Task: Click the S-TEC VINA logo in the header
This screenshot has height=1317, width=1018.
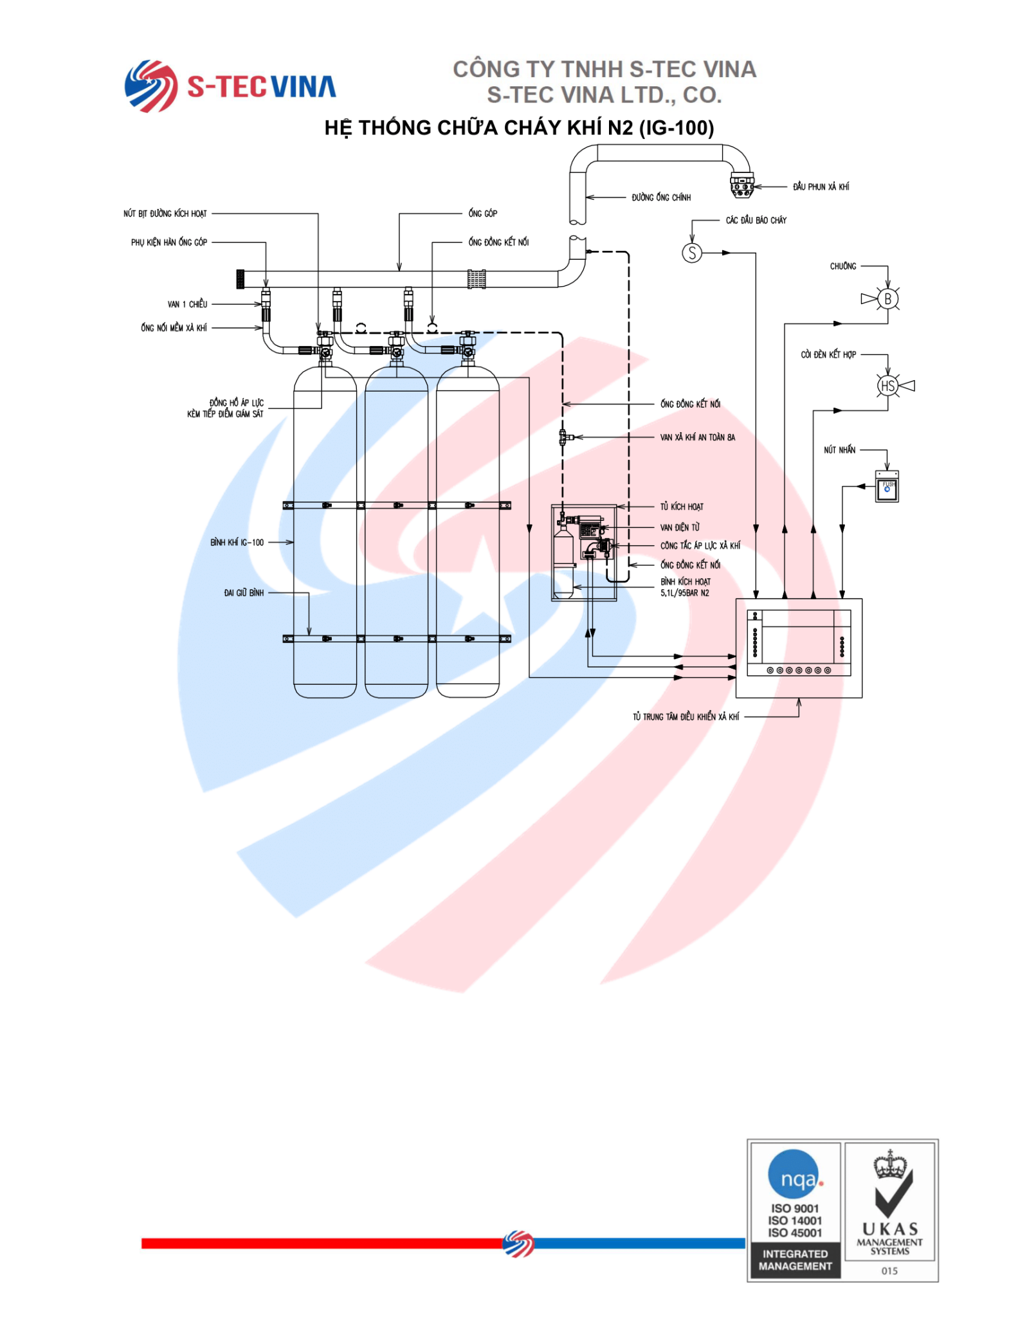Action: tap(230, 86)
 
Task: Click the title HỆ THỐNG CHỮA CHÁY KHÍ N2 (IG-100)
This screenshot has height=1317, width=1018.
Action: tap(518, 128)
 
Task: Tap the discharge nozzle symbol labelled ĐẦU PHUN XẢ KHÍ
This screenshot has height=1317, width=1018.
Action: tap(741, 185)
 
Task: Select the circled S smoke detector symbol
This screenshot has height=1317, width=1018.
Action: tap(691, 253)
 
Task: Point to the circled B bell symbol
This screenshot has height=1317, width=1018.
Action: tap(887, 299)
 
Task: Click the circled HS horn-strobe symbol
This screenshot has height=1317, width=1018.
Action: tap(887, 386)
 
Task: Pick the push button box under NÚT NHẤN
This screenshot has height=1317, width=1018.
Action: tap(887, 487)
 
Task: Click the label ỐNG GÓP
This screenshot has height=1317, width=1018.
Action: tap(482, 213)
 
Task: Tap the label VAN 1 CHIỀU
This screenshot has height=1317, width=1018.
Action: tap(187, 304)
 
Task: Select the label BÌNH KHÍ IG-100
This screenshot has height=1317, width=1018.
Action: tap(237, 543)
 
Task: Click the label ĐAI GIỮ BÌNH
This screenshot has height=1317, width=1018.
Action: tap(244, 593)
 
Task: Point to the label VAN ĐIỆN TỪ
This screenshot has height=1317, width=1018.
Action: tap(680, 527)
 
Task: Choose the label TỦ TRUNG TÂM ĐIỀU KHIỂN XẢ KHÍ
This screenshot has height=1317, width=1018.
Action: tap(686, 716)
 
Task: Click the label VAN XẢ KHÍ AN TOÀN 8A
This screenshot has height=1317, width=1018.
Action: tap(697, 437)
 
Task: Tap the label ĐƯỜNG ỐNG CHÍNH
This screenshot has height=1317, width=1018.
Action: tap(660, 197)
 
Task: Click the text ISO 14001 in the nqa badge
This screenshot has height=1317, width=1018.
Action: tap(794, 1221)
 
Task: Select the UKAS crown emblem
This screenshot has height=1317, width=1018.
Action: tap(890, 1165)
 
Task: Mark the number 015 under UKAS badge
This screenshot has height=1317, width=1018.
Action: tap(889, 1271)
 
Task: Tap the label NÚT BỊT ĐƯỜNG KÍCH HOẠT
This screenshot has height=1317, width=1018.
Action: tap(165, 213)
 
